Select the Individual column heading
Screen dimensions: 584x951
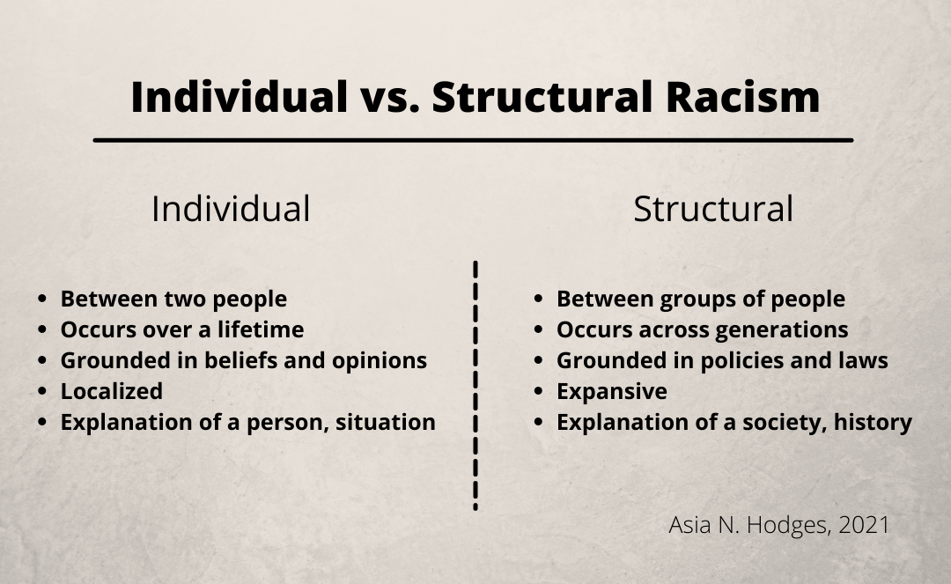click(231, 209)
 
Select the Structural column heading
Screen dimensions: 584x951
click(713, 209)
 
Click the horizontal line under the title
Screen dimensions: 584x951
click(473, 140)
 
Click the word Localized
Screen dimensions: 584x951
click(111, 391)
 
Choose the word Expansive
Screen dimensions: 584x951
click(612, 391)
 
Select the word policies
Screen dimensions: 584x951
click(762, 360)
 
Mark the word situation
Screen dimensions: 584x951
click(389, 422)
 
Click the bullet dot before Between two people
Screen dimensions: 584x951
click(42, 299)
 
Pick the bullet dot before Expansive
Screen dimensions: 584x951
click(539, 392)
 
